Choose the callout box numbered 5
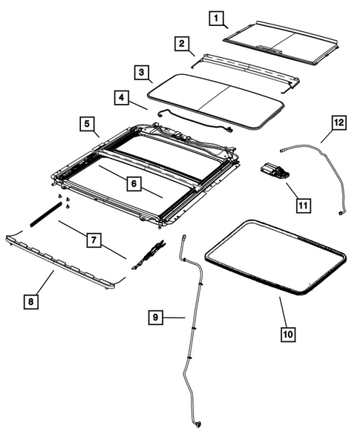click(87, 123)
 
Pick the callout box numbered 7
click(94, 239)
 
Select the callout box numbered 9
click(155, 318)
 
